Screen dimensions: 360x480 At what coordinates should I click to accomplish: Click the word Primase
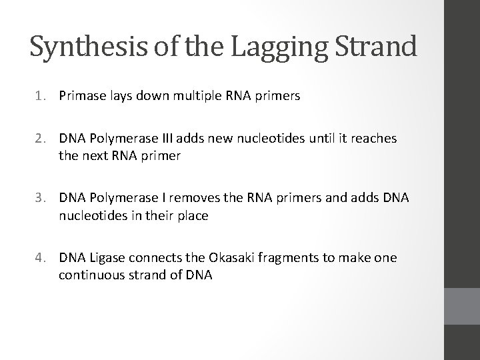81,96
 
